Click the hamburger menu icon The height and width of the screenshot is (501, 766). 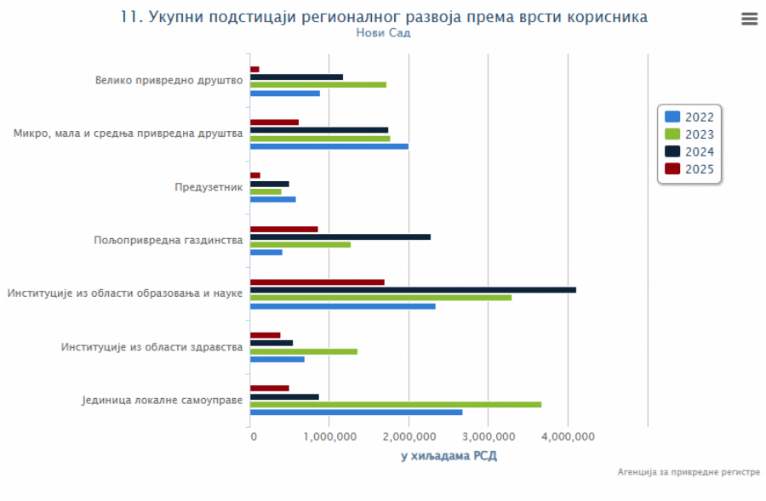(x=749, y=20)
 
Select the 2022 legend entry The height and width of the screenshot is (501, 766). (x=689, y=117)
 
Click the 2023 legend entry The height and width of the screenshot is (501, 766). (x=689, y=134)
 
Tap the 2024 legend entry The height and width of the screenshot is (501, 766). (x=689, y=152)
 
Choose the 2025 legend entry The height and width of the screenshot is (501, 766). (x=689, y=169)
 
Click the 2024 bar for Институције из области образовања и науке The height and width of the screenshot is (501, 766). (x=413, y=290)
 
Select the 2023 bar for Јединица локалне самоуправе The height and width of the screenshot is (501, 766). (x=396, y=404)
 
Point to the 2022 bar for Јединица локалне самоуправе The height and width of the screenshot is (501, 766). (x=356, y=413)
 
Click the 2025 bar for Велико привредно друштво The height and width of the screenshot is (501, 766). (x=254, y=69)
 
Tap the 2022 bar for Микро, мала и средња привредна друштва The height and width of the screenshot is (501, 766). (x=329, y=146)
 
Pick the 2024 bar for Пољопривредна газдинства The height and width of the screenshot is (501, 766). (x=340, y=236)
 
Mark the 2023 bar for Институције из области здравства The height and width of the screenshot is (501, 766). (x=304, y=351)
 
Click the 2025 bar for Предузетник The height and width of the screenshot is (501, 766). (x=255, y=175)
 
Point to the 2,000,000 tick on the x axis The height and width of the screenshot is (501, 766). (x=409, y=437)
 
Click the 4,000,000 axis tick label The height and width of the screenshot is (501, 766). (x=567, y=437)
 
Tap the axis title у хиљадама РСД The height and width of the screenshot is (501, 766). (x=449, y=457)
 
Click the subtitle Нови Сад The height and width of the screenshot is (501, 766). (x=383, y=33)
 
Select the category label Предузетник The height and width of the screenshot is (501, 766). (x=209, y=187)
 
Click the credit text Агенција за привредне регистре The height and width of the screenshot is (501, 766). (x=689, y=472)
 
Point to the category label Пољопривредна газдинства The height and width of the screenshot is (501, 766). (x=169, y=241)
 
